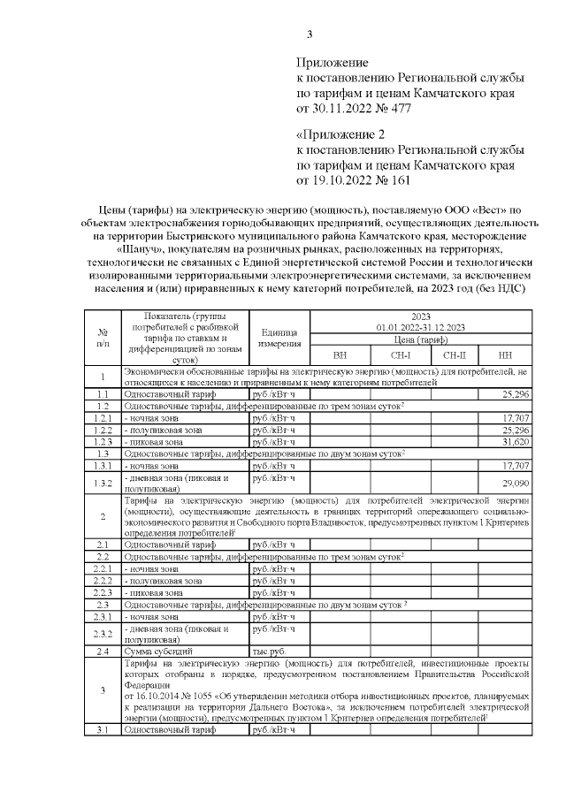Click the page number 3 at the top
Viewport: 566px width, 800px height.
click(x=309, y=35)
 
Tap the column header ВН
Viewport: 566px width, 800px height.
click(x=340, y=354)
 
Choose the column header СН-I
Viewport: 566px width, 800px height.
click(x=400, y=354)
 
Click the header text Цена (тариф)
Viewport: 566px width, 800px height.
click(x=420, y=339)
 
